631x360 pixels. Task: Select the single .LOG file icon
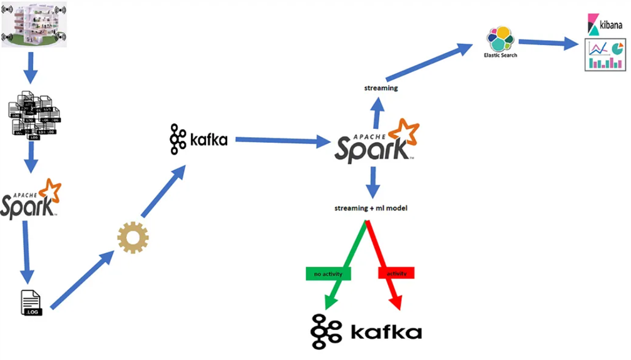coord(31,302)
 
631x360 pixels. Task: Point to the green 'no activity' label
coord(328,274)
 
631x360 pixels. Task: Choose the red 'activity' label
coord(396,274)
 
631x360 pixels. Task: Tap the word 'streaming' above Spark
coord(381,88)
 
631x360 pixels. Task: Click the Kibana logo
coord(604,24)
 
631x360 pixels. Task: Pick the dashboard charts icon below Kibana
coord(605,54)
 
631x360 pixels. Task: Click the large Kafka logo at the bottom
coord(366,331)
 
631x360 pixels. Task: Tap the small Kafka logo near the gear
coord(198,139)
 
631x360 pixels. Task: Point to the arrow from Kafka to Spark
coord(282,141)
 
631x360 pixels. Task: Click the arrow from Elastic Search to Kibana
coord(548,43)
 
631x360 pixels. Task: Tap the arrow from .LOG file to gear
coord(81,280)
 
